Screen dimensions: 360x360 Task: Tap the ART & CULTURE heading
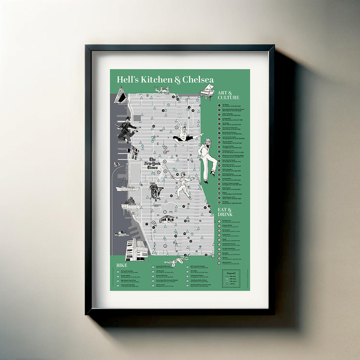point(229,95)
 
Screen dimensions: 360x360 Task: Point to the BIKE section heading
point(121,265)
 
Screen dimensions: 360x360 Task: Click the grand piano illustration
point(207,92)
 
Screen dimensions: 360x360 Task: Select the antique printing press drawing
point(156,191)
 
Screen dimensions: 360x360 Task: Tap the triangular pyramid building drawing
point(120,95)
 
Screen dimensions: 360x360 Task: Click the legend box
point(231,279)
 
